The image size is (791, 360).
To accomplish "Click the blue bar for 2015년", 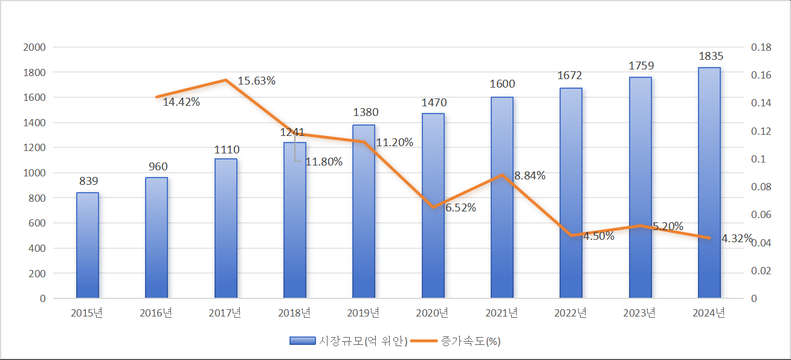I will pos(88,245).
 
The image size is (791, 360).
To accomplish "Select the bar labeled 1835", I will pos(709,182).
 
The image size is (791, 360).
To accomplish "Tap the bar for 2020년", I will pos(433,205).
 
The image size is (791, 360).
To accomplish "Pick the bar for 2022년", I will pos(571,193).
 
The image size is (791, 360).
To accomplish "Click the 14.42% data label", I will pos(181,102).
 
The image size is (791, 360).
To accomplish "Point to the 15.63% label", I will pos(256,81).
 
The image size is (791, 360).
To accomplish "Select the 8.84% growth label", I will pos(529,176).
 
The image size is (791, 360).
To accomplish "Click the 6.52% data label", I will pos(460,208).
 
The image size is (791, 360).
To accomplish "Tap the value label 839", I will pos(88,181).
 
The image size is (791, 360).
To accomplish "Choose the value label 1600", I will pos(503,84).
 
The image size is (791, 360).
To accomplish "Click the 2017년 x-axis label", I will pos(225,313).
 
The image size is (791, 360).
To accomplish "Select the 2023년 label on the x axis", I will pos(640,313).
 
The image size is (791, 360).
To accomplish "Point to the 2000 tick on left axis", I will pos(34,47).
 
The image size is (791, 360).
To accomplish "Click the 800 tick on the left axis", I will pos(37,198).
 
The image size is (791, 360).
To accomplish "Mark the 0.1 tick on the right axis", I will pos(758,159).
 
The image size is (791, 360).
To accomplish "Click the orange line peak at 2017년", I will pos(225,80).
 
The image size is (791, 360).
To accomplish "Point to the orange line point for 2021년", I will pos(502,175).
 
